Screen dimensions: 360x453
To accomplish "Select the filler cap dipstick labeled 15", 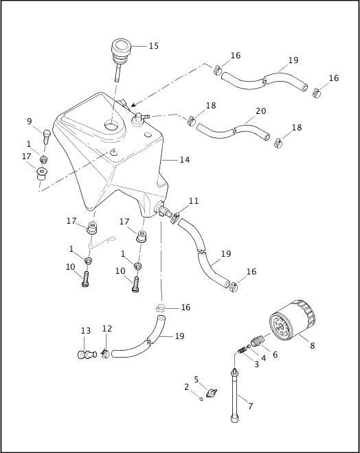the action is tap(121, 58).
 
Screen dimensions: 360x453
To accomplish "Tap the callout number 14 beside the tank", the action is tap(185, 159).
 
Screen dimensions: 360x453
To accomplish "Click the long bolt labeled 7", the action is tap(234, 395).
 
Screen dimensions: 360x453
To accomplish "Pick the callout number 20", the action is tap(261, 111).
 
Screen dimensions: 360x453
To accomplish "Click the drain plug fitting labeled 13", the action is tap(87, 354).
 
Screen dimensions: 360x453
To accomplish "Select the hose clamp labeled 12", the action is tap(106, 353).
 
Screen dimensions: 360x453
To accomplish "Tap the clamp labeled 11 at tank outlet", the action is tap(175, 218).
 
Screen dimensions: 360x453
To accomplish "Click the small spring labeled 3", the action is tap(242, 351).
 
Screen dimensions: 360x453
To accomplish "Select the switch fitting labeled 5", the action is tap(212, 393).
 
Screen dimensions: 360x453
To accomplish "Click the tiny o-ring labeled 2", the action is tap(201, 399).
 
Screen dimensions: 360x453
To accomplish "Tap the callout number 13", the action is tap(86, 331).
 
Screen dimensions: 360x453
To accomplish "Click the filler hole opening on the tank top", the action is tap(111, 126).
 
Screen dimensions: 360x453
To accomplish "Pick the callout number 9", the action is tap(30, 121).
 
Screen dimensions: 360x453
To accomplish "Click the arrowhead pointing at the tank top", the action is tap(133, 104).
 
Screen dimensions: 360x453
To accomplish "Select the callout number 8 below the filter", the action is tap(313, 345).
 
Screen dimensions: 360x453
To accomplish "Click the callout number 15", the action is tap(154, 46).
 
